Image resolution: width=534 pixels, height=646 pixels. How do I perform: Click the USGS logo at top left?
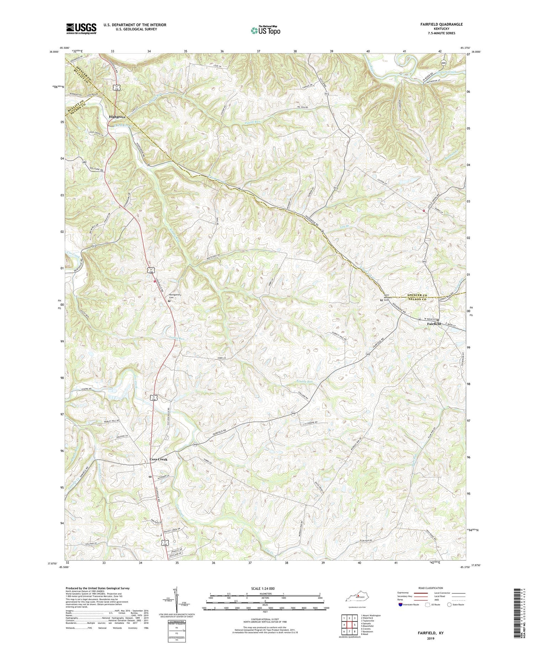[81, 29]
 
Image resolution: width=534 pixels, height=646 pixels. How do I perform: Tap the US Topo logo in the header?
[265, 30]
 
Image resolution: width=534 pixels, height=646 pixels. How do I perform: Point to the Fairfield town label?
[434, 324]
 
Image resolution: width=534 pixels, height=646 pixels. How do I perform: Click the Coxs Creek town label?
[158, 459]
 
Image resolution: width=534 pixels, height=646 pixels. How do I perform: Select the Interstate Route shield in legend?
[400, 605]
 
